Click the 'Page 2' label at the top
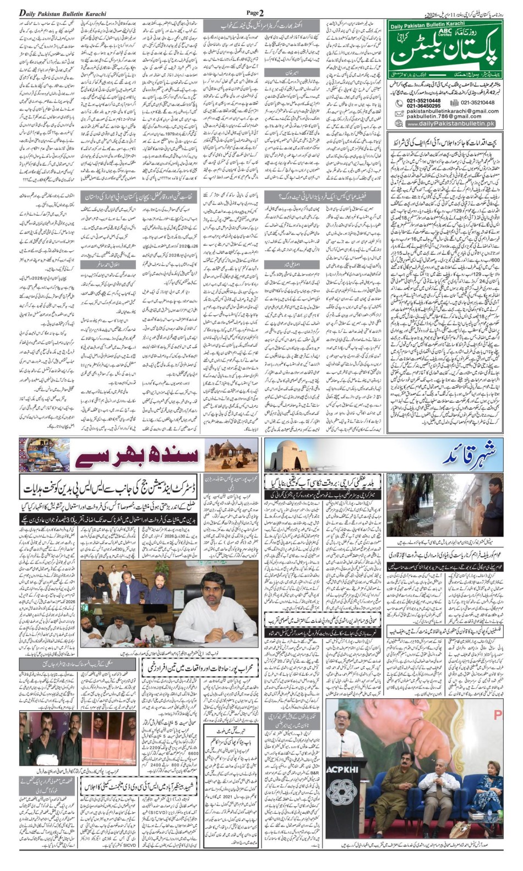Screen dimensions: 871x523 (255, 13)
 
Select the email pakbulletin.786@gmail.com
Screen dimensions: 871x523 (444, 117)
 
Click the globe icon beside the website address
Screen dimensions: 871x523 (399, 124)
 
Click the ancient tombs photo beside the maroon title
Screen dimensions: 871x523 (231, 454)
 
